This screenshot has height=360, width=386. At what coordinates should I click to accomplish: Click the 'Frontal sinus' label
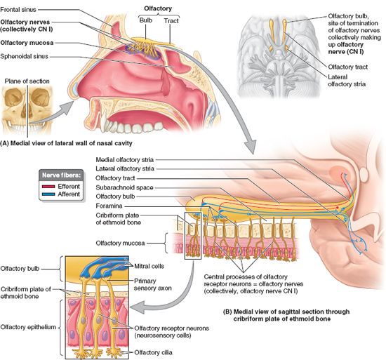click(18, 10)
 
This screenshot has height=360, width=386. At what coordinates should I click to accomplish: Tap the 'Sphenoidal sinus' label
click(24, 56)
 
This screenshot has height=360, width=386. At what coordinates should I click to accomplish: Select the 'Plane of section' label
click(27, 81)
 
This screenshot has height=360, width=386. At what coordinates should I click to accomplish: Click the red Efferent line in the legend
click(48, 187)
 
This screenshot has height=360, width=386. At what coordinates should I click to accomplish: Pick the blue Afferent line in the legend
click(48, 194)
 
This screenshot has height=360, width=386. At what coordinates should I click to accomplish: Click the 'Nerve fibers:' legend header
click(61, 175)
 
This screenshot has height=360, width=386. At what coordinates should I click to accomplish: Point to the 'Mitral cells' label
click(149, 266)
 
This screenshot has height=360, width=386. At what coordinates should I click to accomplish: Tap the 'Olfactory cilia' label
click(153, 352)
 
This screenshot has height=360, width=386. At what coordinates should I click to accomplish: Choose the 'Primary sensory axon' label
click(152, 284)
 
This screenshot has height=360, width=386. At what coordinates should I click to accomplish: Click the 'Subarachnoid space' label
click(124, 187)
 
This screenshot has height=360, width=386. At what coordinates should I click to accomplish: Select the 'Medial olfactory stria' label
click(124, 160)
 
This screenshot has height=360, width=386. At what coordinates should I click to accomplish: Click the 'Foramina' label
click(109, 206)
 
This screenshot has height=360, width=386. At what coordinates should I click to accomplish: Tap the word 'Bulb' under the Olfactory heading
click(146, 20)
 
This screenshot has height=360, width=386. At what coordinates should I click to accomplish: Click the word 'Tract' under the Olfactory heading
click(171, 20)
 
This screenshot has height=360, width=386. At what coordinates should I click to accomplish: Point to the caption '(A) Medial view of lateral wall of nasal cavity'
click(66, 143)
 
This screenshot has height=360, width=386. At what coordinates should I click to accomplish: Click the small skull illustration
click(27, 110)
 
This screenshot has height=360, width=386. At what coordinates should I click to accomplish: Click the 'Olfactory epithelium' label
click(28, 327)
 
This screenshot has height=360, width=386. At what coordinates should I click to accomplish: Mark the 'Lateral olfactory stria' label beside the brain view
click(347, 81)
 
